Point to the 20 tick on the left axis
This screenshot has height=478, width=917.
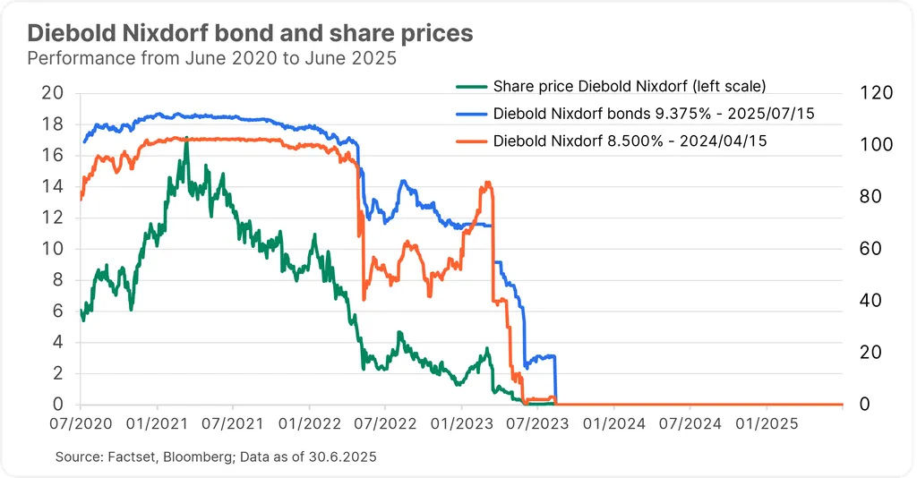click(x=52, y=93)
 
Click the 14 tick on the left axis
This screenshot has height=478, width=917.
click(x=52, y=186)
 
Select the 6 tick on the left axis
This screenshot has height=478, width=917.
click(x=57, y=311)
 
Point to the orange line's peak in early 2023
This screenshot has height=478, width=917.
click(x=487, y=183)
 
